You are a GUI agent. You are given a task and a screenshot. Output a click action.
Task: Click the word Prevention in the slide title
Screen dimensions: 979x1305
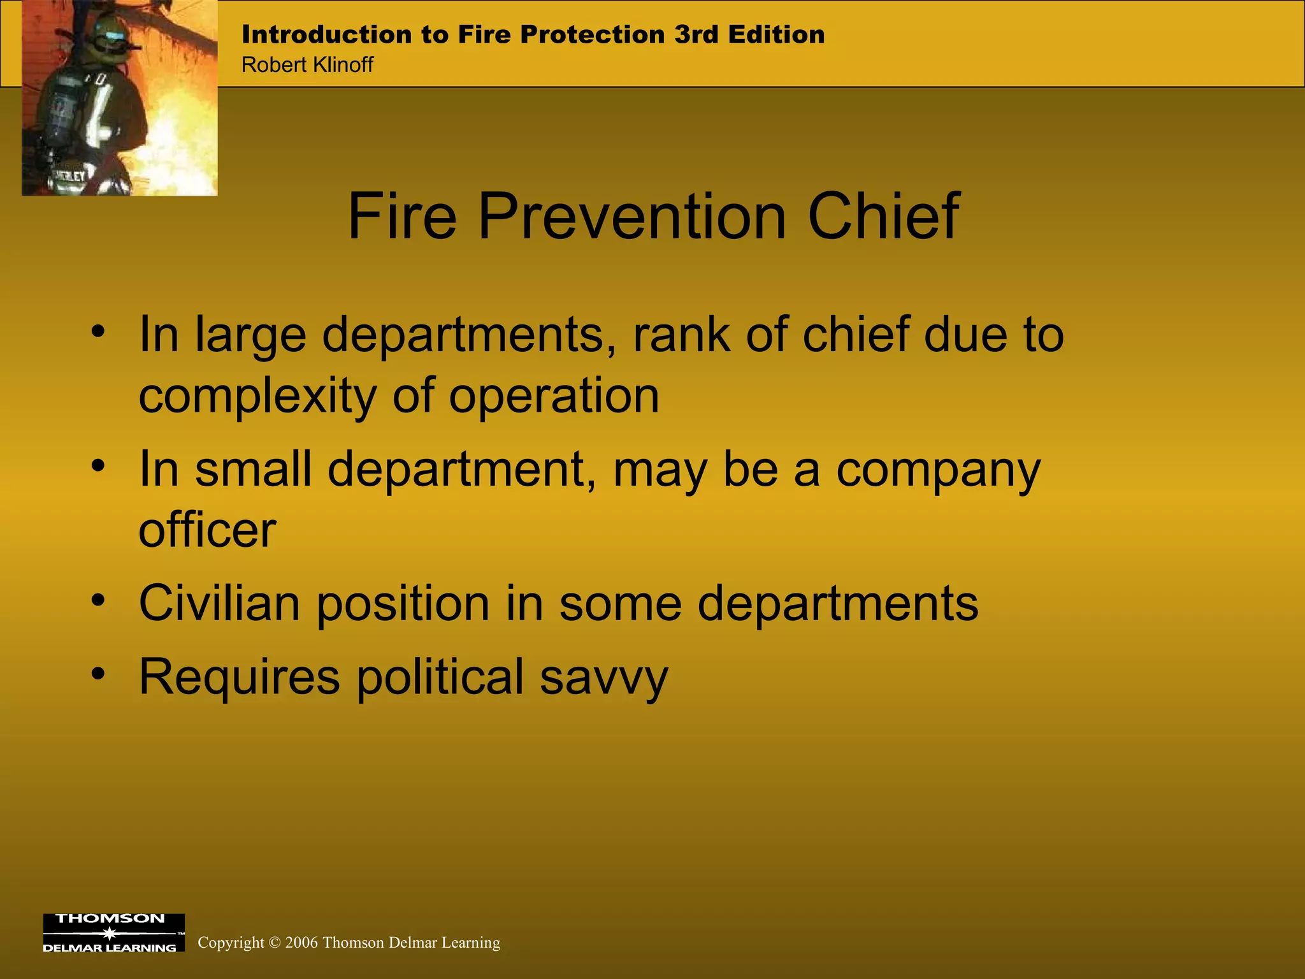631,217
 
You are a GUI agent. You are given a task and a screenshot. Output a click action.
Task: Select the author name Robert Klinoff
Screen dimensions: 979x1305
307,65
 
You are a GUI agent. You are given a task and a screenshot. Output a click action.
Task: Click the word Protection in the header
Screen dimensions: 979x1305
592,34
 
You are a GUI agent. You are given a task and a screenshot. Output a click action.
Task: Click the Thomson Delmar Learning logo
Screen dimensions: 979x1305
113,932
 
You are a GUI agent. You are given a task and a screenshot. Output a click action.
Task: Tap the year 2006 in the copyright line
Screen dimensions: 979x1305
301,943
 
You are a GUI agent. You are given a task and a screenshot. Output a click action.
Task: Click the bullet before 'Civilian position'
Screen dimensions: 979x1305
97,600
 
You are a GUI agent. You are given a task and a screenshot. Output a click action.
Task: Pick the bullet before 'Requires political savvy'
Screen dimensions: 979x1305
97,673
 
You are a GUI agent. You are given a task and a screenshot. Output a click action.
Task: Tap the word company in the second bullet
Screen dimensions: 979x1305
938,470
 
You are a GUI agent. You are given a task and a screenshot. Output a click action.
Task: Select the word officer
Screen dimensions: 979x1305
207,530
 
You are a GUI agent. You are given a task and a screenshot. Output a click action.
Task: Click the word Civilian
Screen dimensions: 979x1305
219,603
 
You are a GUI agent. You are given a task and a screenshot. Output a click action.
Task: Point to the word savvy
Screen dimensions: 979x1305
603,677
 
